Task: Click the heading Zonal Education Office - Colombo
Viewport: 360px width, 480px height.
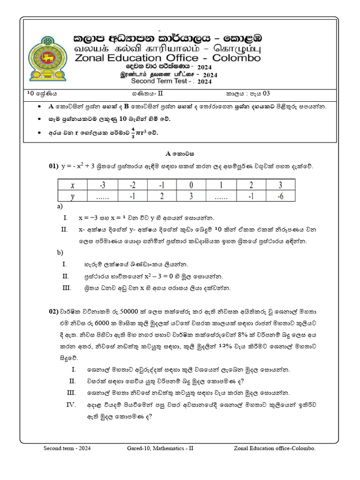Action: [167, 58]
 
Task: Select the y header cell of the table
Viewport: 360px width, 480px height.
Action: [73, 196]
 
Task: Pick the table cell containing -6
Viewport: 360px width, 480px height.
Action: [280, 196]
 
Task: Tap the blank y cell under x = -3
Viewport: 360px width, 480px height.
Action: [103, 196]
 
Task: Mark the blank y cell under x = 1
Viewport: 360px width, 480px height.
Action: [221, 196]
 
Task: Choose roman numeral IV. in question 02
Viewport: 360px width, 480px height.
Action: [71, 405]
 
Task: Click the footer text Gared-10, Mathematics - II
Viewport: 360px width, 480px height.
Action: [160, 449]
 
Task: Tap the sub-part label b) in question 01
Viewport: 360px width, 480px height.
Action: [60, 253]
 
